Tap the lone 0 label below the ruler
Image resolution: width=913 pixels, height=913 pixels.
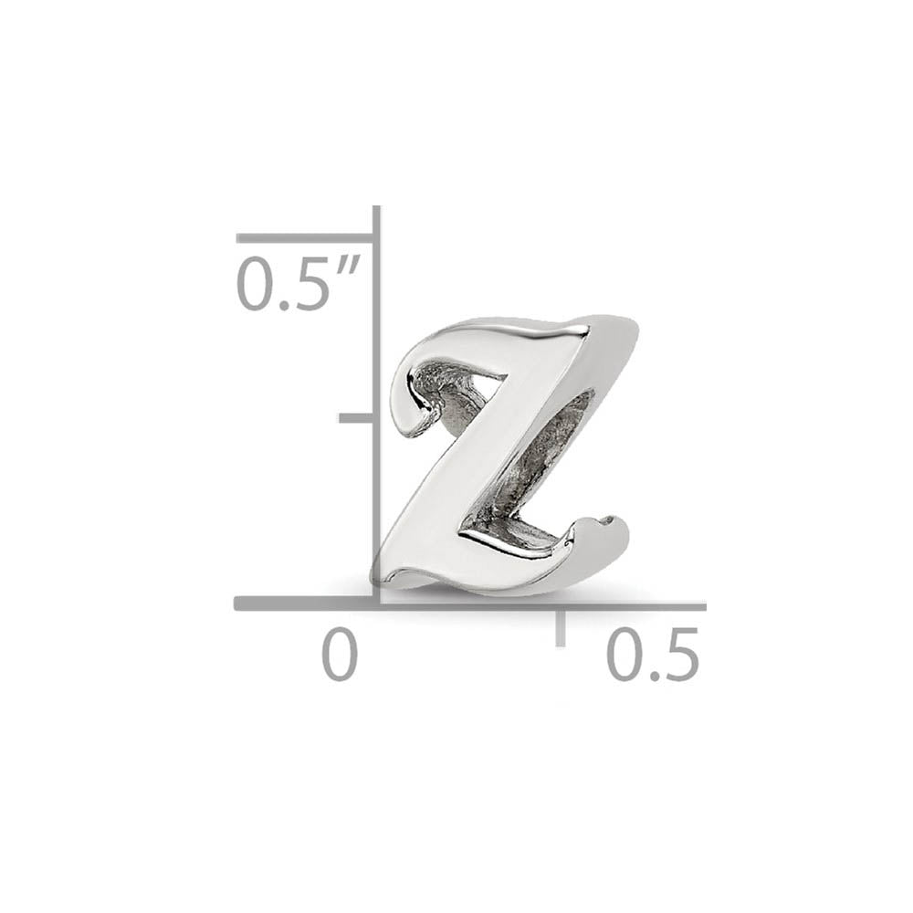(x=339, y=655)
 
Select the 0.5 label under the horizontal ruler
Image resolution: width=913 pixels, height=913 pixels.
(x=654, y=655)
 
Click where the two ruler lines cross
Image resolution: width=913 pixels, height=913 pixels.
(x=375, y=603)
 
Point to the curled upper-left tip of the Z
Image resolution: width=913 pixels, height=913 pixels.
(x=406, y=402)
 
